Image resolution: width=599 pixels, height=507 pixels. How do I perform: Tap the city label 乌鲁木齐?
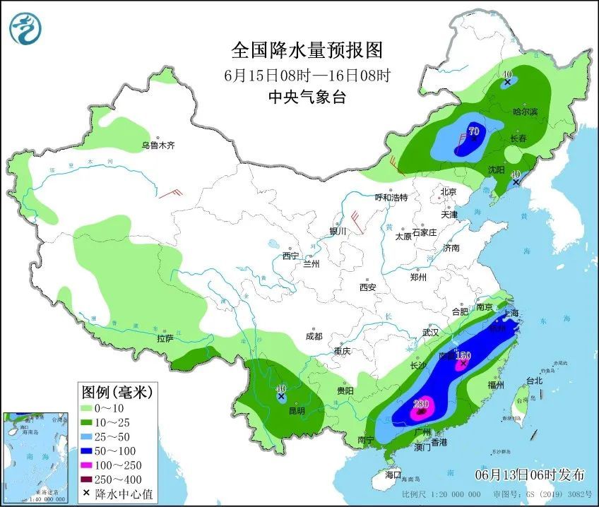[x=157, y=145]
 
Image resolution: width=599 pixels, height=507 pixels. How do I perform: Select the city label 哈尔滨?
[x=525, y=112]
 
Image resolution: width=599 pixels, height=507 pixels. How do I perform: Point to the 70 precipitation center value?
[x=473, y=131]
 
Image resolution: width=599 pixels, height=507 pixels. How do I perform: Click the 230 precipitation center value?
[x=421, y=404]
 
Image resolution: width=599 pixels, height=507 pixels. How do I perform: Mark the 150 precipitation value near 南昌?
[x=463, y=356]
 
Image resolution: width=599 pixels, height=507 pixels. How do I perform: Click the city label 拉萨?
[x=165, y=339]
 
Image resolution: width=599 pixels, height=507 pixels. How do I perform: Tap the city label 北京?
[x=449, y=191]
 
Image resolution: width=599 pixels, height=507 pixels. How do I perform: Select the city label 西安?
[x=367, y=287]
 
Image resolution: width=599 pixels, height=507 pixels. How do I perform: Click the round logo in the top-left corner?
[x=26, y=28]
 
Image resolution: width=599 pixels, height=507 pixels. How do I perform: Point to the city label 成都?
[x=314, y=336]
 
